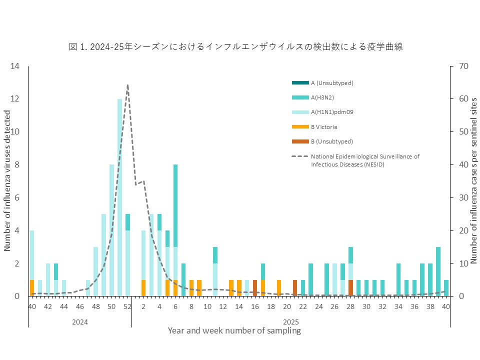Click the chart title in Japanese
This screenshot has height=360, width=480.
[235, 47]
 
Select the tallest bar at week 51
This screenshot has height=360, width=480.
[120, 197]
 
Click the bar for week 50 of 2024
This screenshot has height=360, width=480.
[112, 230]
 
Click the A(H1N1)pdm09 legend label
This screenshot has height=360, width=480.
[332, 112]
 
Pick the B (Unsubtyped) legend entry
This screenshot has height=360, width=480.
[332, 141]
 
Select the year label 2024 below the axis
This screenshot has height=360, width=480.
[80, 322]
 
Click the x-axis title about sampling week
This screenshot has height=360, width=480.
[234, 331]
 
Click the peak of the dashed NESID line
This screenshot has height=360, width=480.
[128, 85]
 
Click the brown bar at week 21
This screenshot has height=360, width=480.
[295, 288]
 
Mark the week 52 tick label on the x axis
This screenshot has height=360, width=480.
[128, 306]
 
